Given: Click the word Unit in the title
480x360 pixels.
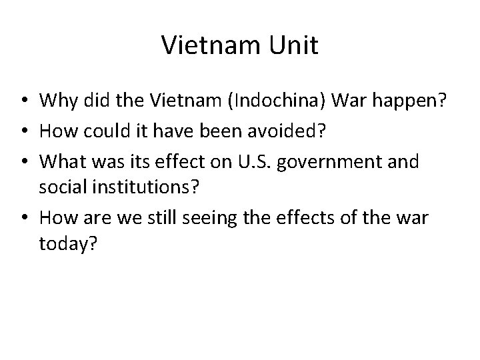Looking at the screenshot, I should click(293, 46).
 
